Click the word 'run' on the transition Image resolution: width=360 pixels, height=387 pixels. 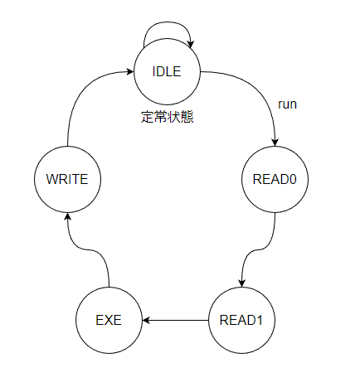click(287, 104)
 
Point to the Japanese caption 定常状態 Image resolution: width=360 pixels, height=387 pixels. click(167, 117)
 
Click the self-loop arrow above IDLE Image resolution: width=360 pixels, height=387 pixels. click(167, 22)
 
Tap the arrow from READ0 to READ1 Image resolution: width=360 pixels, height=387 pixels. click(258, 250)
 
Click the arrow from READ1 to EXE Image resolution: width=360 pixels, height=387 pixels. click(175, 321)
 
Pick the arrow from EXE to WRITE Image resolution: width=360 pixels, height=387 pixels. click(89, 250)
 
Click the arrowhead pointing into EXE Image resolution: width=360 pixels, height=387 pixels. click(146, 321)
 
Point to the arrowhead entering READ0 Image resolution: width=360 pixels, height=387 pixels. click(275, 143)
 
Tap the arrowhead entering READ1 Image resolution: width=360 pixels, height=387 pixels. click(241, 283)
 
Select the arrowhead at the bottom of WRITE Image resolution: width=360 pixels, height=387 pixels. click(67, 216)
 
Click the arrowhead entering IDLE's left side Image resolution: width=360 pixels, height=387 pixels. click(130, 72)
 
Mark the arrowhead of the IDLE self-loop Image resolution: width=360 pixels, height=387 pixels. click(191, 45)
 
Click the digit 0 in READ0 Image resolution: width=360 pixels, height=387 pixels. click(293, 179)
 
